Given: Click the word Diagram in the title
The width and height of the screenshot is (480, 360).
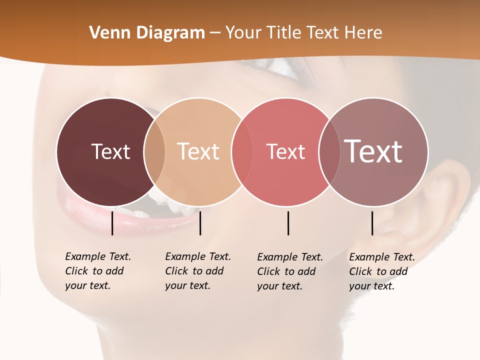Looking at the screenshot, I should pos(170,33).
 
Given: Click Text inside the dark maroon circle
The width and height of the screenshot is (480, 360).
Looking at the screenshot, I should pos(110,151).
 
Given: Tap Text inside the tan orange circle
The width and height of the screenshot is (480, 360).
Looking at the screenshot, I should pos(198,151).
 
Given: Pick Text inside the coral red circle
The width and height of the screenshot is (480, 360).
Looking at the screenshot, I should pos(285,151).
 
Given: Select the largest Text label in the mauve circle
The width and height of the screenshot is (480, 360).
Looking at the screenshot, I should pos(373,151).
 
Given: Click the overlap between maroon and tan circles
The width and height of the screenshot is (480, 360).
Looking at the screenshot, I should pos(154,151).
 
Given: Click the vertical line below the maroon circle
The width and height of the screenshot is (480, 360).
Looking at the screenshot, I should pos(112,223).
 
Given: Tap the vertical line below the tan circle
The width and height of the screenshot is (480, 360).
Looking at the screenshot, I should pos(200,223).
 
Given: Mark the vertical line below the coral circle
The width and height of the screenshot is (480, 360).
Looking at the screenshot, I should pos(288,223).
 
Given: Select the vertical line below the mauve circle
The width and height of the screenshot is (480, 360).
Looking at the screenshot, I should pos(372,223).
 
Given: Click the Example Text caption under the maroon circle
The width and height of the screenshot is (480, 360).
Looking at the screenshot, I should pos(97,271).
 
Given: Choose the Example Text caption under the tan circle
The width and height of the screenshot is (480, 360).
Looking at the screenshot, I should pos(197,271).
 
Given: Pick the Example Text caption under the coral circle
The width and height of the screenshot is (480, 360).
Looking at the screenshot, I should pos(289,271).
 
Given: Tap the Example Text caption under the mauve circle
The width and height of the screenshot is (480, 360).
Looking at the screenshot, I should pos(381,271).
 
